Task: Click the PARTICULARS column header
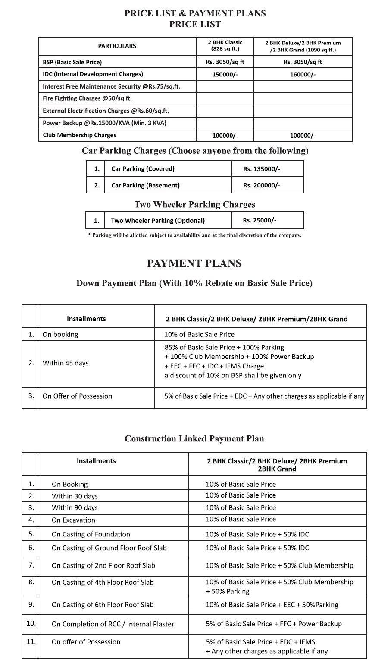point(117,46)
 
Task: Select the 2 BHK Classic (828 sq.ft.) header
point(225,46)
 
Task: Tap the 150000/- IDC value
point(225,74)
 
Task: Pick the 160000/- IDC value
point(303,74)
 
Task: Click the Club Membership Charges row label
point(79,135)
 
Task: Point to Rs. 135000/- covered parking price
point(262,169)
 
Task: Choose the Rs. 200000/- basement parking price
point(262,185)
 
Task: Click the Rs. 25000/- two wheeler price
point(260,220)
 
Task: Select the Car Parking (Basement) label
point(145,185)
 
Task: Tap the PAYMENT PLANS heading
point(194,263)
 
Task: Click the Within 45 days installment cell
point(66,363)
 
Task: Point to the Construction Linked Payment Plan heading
point(194,439)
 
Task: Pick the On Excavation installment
point(73,520)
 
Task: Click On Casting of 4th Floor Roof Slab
point(103,582)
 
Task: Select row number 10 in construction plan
point(31,624)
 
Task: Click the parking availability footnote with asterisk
point(194,235)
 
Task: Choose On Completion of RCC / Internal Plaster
point(113,624)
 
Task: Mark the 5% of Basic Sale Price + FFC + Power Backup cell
point(273,624)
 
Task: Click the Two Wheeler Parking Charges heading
point(194,205)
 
